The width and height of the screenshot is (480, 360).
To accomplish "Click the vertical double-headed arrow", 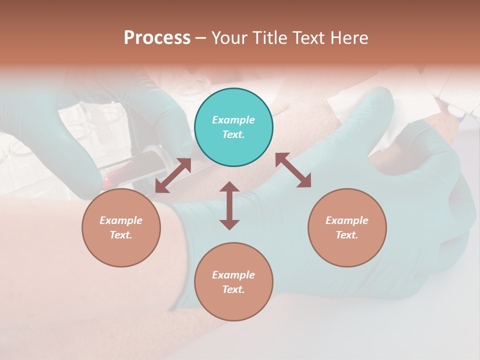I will [x=229, y=205].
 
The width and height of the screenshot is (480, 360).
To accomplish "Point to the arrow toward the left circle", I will [x=173, y=175].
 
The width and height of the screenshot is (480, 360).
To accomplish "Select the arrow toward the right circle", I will [x=293, y=170].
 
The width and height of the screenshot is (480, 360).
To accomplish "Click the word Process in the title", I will [x=157, y=38].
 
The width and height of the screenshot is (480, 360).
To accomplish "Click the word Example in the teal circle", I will [x=233, y=120].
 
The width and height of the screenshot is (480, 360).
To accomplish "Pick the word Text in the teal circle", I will [x=233, y=134].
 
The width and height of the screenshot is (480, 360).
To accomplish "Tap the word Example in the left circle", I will [x=121, y=220].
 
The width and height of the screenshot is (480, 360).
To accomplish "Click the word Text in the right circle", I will [x=347, y=235].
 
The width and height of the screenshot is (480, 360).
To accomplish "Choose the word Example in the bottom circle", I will [x=233, y=275].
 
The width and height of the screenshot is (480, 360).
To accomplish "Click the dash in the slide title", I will [x=200, y=38].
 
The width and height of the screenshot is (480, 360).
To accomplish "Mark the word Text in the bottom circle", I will [x=233, y=289].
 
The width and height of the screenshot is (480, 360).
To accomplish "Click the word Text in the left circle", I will [x=121, y=235].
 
